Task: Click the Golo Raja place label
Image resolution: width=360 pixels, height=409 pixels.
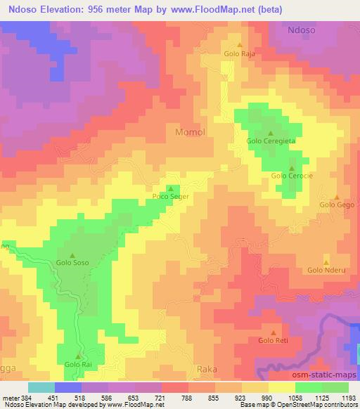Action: (x=238, y=53)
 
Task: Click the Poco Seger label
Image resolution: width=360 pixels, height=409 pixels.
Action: (x=170, y=197)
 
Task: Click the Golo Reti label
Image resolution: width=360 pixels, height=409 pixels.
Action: (x=274, y=341)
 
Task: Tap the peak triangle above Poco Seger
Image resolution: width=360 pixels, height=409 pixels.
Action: (x=170, y=188)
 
